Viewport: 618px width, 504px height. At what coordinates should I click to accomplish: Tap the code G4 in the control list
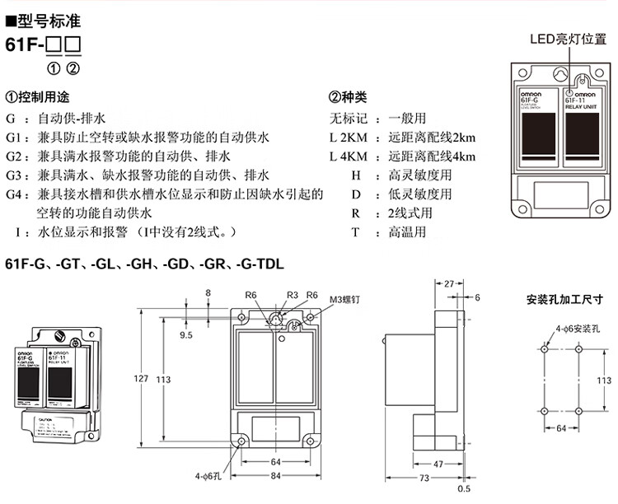(12, 195)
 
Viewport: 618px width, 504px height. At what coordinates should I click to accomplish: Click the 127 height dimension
(140, 378)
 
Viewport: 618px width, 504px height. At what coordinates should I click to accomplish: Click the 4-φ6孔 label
(207, 476)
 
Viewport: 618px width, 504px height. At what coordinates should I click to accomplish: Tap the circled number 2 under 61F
(73, 68)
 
